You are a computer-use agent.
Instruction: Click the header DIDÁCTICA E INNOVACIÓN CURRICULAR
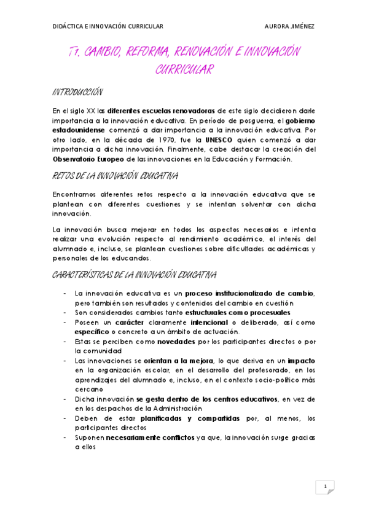(108, 27)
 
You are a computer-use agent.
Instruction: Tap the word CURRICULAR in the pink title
(184, 70)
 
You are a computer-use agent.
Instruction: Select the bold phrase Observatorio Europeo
(90, 159)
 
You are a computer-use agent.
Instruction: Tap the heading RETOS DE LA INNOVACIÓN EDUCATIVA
(115, 176)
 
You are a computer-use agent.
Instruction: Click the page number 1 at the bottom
(324, 487)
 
